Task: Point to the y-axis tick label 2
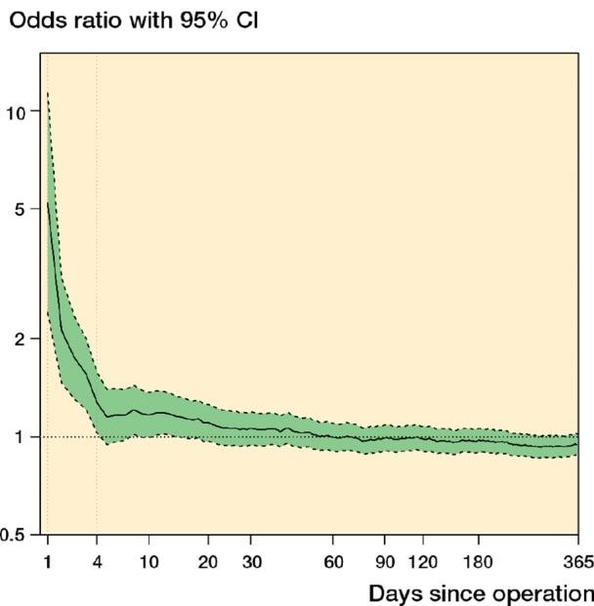[21, 338]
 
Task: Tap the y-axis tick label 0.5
[14, 535]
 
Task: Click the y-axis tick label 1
[21, 436]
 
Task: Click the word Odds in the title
[33, 19]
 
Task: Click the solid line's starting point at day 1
[47, 203]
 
